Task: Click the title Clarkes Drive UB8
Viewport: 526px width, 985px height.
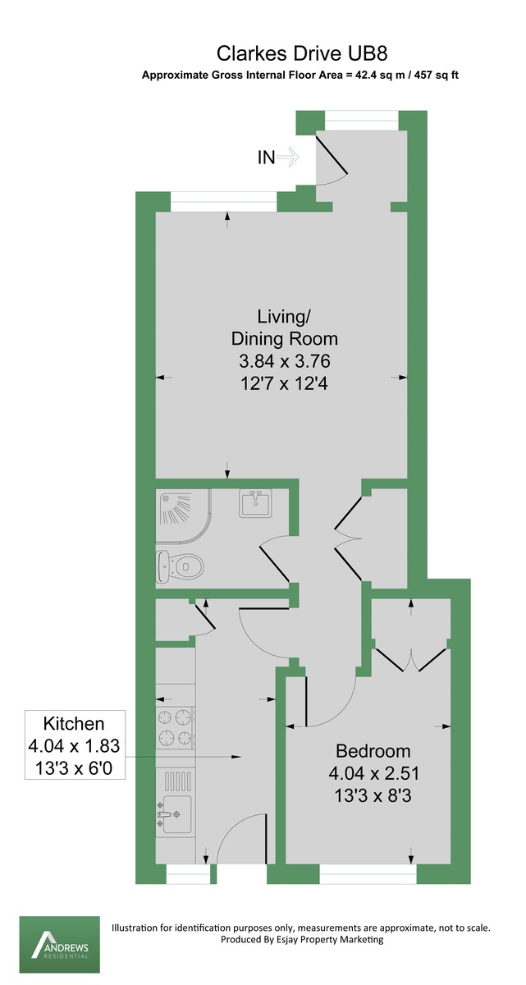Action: [x=302, y=54]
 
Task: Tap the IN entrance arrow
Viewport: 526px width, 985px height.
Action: [x=288, y=157]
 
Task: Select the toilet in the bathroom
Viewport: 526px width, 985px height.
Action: [x=181, y=566]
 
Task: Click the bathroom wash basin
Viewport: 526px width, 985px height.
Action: [x=255, y=502]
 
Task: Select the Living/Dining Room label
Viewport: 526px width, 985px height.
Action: [x=284, y=328]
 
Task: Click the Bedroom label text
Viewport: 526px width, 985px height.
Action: [x=373, y=750]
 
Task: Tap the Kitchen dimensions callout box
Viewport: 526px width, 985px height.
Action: [x=75, y=744]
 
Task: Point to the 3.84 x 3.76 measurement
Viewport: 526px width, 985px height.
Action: [x=284, y=361]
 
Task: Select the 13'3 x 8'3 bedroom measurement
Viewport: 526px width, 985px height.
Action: [x=373, y=795]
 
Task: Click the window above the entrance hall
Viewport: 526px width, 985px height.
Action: [x=362, y=120]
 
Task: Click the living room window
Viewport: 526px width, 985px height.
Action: [x=224, y=202]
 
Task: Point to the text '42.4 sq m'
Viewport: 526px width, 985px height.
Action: [x=380, y=76]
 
